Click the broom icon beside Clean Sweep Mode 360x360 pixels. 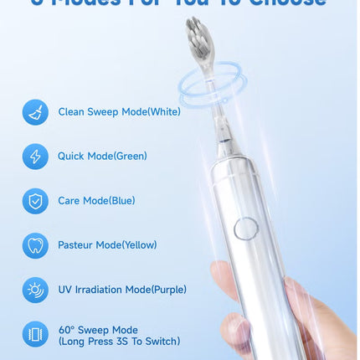(35, 112)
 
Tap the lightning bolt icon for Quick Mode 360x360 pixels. (35, 157)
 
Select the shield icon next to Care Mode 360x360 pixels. (35, 201)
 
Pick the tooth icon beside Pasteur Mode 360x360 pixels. (35, 245)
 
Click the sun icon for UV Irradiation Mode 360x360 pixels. (35, 290)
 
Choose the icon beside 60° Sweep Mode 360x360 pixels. (35, 335)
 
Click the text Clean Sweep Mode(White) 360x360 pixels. (119, 112)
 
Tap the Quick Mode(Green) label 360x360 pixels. (102, 157)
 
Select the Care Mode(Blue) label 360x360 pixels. (96, 201)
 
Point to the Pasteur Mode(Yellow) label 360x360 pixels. (107, 245)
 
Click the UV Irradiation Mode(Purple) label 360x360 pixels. (122, 290)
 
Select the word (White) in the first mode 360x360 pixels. (163, 112)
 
